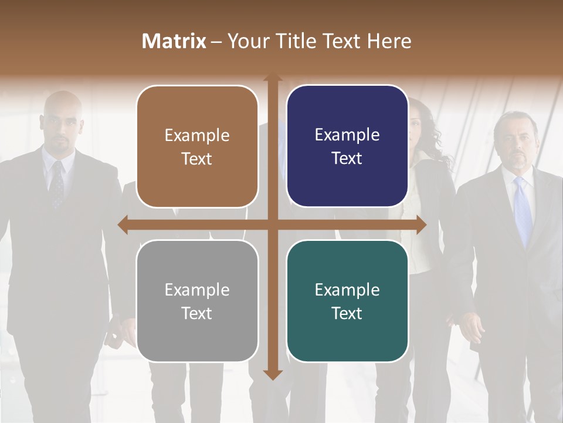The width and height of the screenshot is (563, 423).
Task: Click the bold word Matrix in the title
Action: click(x=174, y=41)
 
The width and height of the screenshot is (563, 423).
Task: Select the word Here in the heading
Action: click(x=389, y=41)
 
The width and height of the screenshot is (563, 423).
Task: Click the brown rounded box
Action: click(x=197, y=146)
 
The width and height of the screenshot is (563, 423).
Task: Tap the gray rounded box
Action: click(x=197, y=301)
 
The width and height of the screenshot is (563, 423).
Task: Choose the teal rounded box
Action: click(x=347, y=301)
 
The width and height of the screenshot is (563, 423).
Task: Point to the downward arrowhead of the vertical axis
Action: click(x=272, y=374)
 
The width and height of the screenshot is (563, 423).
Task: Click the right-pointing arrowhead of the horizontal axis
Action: click(x=420, y=224)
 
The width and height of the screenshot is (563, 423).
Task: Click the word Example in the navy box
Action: click(x=347, y=135)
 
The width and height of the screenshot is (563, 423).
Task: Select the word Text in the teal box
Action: click(x=347, y=313)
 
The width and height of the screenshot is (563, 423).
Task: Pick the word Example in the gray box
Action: click(x=197, y=290)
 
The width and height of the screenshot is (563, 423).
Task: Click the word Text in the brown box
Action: click(x=197, y=159)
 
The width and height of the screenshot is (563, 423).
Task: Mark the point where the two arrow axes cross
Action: click(x=272, y=224)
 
